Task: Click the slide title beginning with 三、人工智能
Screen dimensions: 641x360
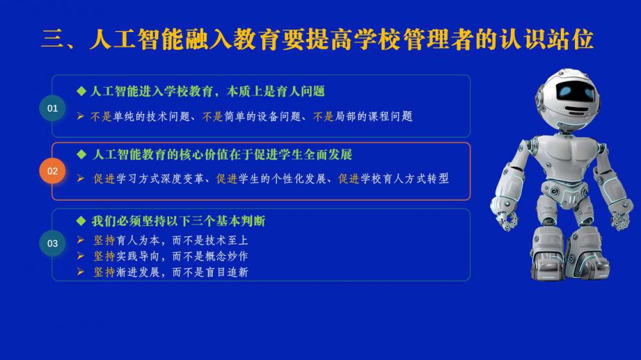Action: tap(317, 40)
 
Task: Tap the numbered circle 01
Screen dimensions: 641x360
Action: tap(53, 108)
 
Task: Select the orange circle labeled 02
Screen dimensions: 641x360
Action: tap(53, 171)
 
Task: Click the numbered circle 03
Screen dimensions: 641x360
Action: tap(53, 243)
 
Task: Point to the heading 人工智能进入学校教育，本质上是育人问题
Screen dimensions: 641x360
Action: tap(207, 91)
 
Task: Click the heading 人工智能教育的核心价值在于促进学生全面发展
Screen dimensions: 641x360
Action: tap(222, 154)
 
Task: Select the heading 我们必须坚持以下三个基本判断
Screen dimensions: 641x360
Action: tap(179, 221)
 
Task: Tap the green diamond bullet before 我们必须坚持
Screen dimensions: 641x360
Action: tap(81, 221)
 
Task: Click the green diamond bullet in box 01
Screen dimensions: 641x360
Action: tap(81, 91)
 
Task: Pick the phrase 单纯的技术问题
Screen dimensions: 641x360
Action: tap(151, 117)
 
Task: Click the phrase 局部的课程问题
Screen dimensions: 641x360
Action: tap(374, 117)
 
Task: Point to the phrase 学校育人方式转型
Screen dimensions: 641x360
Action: tap(404, 179)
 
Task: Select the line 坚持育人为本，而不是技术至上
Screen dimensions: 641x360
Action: tap(171, 240)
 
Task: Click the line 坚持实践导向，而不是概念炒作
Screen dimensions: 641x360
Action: tap(171, 256)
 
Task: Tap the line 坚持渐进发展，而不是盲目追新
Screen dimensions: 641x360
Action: tap(171, 272)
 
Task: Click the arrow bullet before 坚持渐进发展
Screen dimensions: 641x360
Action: tap(81, 272)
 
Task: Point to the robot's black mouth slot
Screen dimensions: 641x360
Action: tap(576, 110)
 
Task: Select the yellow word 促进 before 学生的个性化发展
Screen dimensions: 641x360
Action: tap(227, 179)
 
